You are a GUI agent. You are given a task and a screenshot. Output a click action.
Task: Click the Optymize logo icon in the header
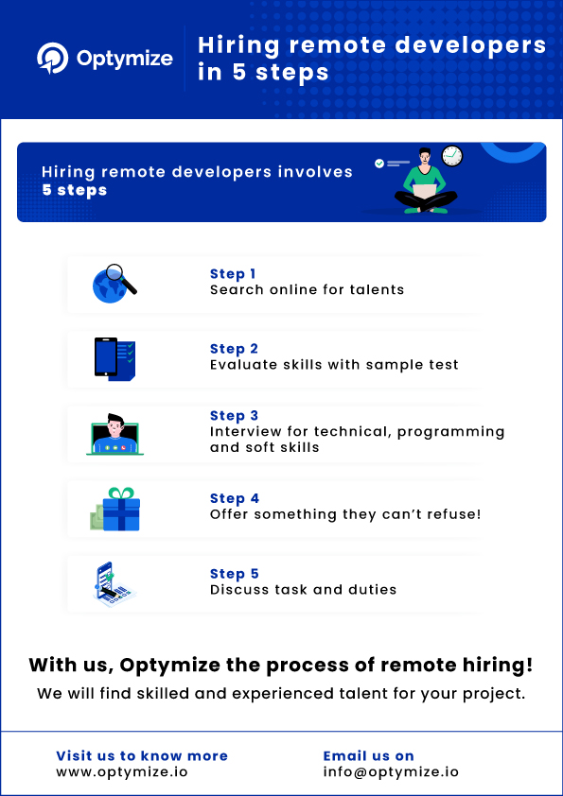[52, 59]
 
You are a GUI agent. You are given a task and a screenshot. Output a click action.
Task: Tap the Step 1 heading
[233, 274]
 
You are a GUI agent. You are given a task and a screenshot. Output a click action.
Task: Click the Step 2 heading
[234, 349]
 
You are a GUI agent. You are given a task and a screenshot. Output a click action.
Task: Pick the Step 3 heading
[234, 416]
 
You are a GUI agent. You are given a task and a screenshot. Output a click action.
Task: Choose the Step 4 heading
[234, 498]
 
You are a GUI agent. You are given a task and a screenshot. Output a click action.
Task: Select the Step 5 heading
[234, 574]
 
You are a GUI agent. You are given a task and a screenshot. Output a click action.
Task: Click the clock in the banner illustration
[451, 156]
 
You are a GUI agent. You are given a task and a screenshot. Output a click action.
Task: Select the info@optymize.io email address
[391, 771]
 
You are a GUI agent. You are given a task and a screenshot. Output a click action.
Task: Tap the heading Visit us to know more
[142, 755]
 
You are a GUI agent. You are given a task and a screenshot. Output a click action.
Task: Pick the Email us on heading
[368, 755]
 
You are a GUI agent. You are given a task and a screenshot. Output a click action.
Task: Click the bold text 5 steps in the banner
[74, 190]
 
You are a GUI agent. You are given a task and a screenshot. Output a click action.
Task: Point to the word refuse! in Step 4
[457, 514]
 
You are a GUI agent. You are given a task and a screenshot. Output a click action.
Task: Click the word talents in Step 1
[378, 289]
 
